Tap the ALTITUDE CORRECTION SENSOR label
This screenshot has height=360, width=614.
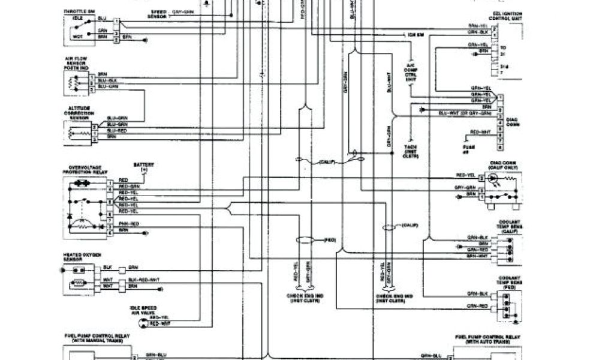[x=80, y=112]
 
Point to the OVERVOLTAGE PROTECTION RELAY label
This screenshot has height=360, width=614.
[x=86, y=170]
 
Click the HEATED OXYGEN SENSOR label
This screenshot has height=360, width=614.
[x=78, y=256]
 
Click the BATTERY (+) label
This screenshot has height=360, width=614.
[x=143, y=167]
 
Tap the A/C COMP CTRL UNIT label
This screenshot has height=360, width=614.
[x=411, y=71]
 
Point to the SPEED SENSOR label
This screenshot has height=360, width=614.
[x=159, y=14]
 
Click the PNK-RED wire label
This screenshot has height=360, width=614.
[x=128, y=223]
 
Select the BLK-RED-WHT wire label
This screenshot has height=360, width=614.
[x=144, y=280]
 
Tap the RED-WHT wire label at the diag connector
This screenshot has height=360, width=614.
[x=480, y=131]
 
